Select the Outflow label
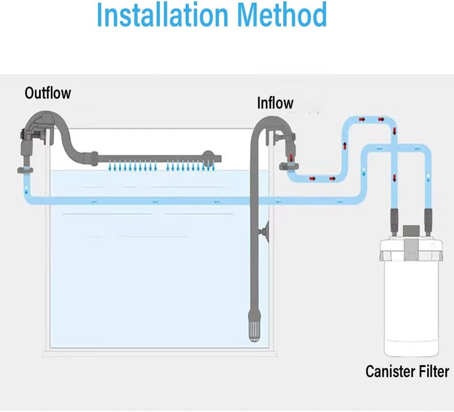[48, 93]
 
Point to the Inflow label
[275, 103]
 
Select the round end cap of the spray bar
[208, 156]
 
